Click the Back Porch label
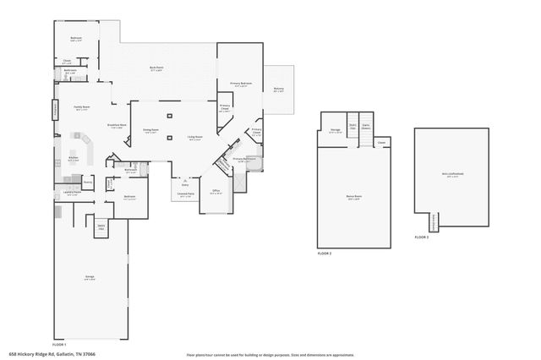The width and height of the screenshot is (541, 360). (x=156, y=68)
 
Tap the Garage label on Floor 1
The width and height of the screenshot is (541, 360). (x=89, y=277)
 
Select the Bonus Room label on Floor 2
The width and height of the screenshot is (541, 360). (x=353, y=199)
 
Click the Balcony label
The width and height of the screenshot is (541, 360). (x=279, y=90)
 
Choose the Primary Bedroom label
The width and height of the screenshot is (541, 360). (x=241, y=85)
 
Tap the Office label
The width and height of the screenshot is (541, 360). (x=216, y=192)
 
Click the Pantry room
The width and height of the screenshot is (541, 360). (x=88, y=181)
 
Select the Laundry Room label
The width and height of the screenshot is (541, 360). (x=73, y=194)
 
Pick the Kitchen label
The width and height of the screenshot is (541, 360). (x=74, y=158)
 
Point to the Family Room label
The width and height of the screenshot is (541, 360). (x=82, y=108)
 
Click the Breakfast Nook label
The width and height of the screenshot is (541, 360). (x=117, y=127)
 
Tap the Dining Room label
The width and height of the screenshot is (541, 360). (x=150, y=131)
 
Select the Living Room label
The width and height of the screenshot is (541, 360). (x=194, y=139)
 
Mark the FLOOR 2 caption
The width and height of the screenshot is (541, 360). (x=325, y=253)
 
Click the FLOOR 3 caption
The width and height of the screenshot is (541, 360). (x=422, y=237)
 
